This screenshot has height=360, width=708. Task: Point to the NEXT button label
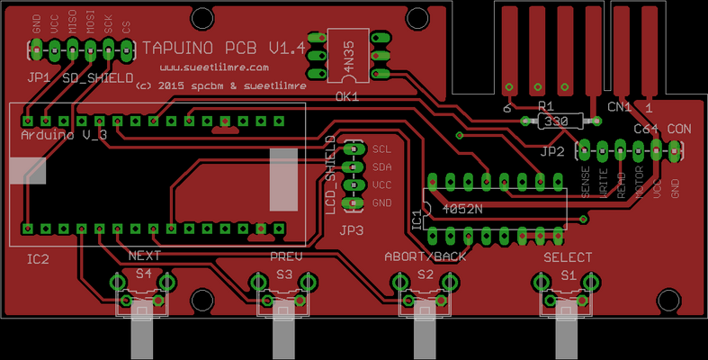pyautogui.click(x=145, y=256)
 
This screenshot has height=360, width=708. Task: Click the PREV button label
pyautogui.click(x=286, y=256)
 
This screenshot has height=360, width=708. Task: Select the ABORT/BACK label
pyautogui.click(x=426, y=256)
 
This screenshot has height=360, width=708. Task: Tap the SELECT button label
pyautogui.click(x=567, y=256)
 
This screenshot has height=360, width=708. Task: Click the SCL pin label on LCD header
pyautogui.click(x=381, y=149)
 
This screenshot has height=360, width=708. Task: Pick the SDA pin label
pyautogui.click(x=381, y=167)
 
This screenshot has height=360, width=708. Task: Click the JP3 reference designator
pyautogui.click(x=352, y=230)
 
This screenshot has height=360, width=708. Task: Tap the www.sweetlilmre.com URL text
pyautogui.click(x=215, y=67)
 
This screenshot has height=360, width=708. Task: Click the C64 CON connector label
pyautogui.click(x=662, y=129)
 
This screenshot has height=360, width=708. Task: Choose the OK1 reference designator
pyautogui.click(x=347, y=94)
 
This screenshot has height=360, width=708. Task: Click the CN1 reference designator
pyautogui.click(x=619, y=106)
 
